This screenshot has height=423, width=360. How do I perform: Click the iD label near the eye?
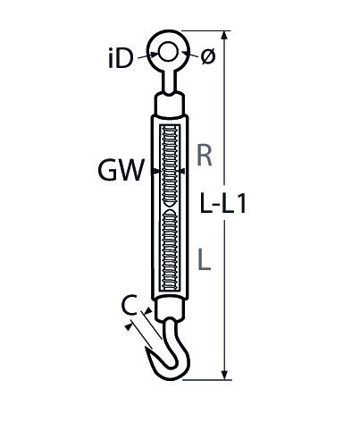click(120, 58)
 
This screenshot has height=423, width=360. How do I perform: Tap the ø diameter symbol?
click(207, 56)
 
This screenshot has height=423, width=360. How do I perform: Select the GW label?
click(121, 170)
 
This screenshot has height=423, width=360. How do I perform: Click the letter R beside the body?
click(205, 156)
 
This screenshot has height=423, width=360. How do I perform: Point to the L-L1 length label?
click(223, 203)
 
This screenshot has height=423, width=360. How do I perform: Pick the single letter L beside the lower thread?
click(204, 259)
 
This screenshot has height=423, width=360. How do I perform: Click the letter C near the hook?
click(130, 305)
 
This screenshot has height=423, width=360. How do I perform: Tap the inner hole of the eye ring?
click(168, 52)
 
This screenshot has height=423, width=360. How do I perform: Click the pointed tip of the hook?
click(147, 348)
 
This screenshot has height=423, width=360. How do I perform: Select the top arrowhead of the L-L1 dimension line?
click(225, 35)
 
